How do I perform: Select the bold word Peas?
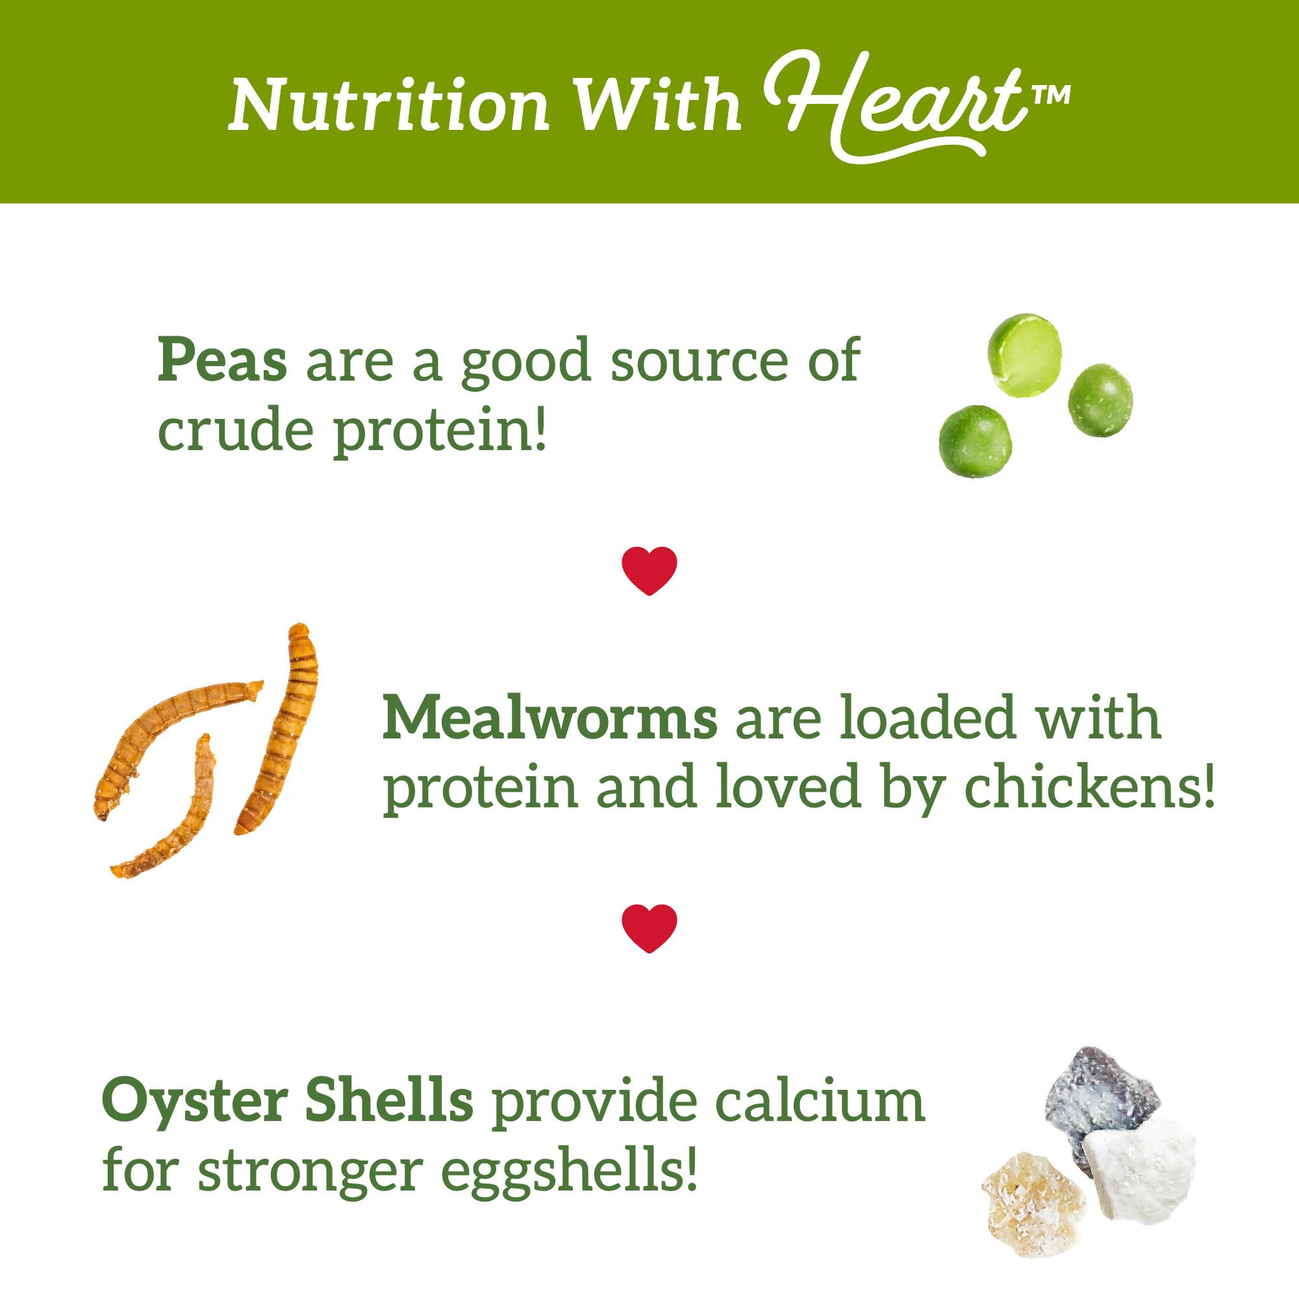[x=223, y=360]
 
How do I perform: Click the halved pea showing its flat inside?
[x=1026, y=355]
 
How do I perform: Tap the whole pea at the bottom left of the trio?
[x=974, y=440]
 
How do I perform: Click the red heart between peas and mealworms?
[x=649, y=570]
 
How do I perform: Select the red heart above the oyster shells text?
[x=649, y=928]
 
